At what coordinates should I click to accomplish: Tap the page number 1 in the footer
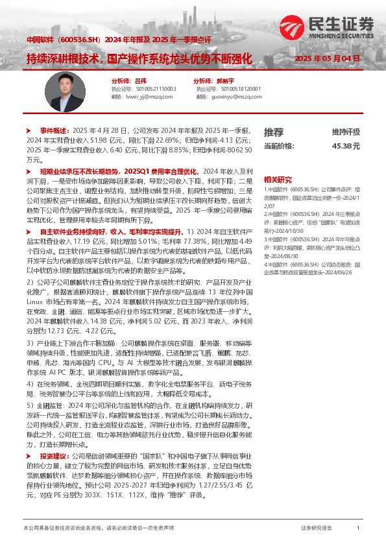click(x=358, y=528)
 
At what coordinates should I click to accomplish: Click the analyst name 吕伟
click(x=138, y=80)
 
